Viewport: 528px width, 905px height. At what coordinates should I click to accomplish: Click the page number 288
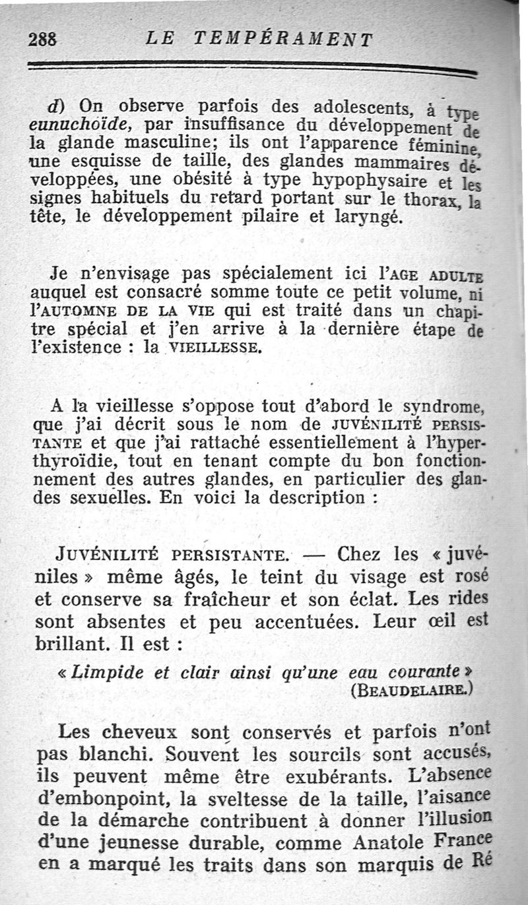(x=43, y=39)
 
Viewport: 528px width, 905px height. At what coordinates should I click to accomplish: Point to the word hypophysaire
(x=370, y=180)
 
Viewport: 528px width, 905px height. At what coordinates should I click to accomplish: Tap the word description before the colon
(x=310, y=498)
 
